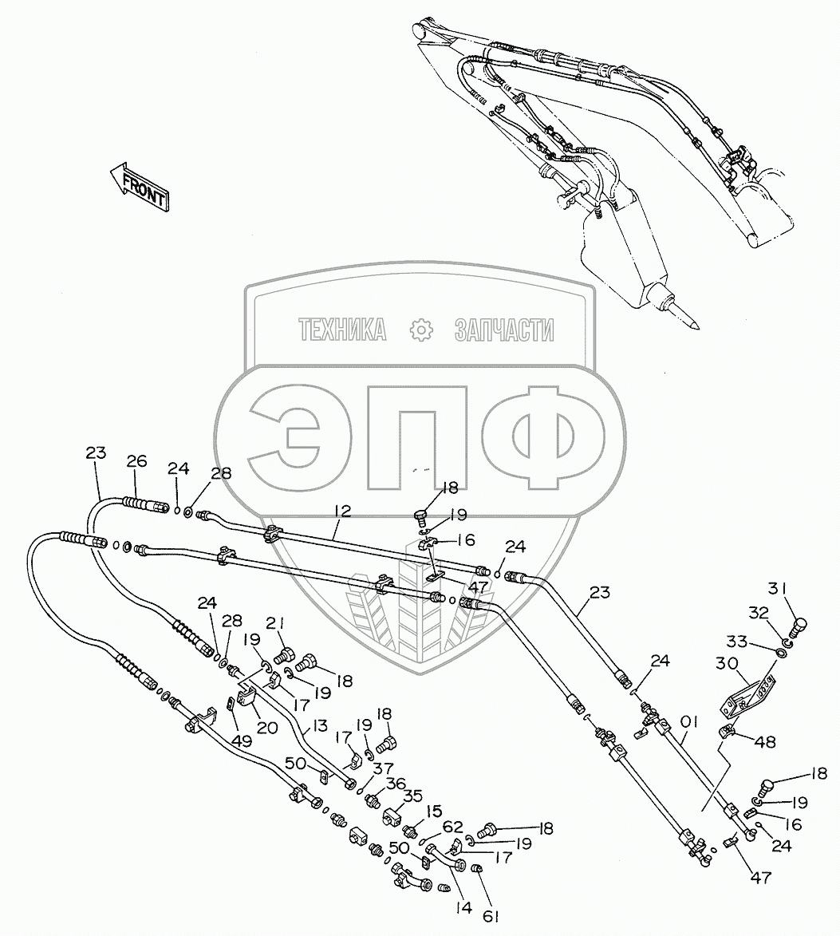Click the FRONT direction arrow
point(140,188)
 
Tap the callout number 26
point(136,461)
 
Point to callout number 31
point(777,589)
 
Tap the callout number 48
point(767,742)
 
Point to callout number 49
point(242,741)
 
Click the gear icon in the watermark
point(419,330)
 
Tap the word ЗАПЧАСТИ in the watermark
point(503,330)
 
